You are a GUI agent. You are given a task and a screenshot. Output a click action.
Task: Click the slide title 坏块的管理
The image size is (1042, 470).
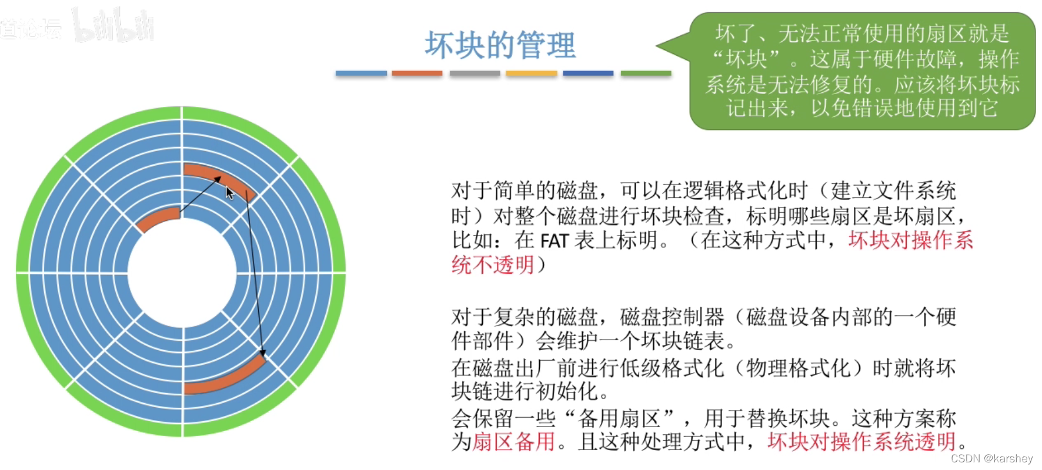pos(500,45)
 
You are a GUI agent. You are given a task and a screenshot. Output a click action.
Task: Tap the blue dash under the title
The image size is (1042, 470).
pos(361,73)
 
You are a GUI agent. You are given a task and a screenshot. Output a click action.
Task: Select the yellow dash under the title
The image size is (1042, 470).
pos(532,73)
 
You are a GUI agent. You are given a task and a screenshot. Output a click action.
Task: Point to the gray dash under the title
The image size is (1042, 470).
pos(475,73)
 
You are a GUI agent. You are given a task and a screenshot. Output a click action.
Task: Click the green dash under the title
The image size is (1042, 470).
pos(646,73)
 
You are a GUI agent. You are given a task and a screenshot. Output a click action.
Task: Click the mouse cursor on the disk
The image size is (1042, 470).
pos(229,193)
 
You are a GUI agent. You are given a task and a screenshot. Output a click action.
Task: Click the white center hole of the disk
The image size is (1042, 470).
pos(182,273)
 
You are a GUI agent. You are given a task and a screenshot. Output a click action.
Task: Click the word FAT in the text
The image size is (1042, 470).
pos(554,241)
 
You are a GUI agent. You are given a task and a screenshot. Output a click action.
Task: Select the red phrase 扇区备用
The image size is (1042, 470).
pos(513,442)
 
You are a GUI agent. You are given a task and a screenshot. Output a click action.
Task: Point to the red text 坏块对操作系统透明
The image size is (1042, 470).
pos(861,442)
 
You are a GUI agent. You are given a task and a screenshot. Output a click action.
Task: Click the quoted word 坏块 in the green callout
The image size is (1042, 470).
pos(746,59)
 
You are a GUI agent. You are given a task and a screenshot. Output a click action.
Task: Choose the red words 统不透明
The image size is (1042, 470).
pos(493,266)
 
